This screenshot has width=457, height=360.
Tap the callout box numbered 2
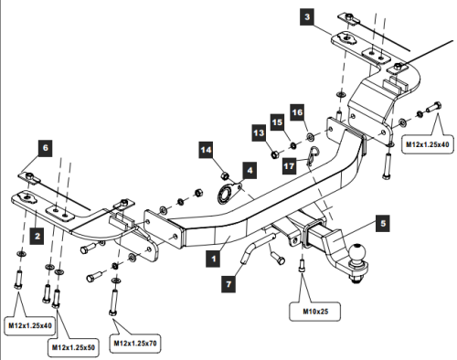tap(36, 236)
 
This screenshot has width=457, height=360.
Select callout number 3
tap(308, 16)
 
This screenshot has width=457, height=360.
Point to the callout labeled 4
tap(249, 169)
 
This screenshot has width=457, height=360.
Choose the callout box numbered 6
tap(44, 145)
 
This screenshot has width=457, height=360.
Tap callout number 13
tap(259, 133)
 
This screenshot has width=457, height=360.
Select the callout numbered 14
tap(207, 150)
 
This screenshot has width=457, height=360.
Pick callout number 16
tap(296, 111)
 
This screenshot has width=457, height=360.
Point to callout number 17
tap(288, 165)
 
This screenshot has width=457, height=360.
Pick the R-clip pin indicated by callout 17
tap(312, 158)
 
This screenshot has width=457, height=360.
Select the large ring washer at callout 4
tap(222, 194)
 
